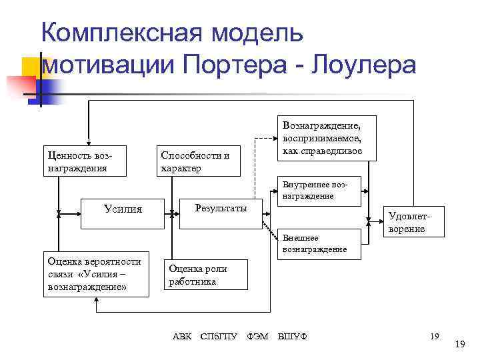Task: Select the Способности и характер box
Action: (198, 161)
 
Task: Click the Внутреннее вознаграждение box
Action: (321, 191)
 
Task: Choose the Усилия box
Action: (123, 209)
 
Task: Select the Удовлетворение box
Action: (407, 222)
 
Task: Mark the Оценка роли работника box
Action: (205, 275)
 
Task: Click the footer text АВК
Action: (182, 336)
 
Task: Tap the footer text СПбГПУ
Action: (220, 336)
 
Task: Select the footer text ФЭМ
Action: (257, 336)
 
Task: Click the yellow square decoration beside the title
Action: (31, 67)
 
